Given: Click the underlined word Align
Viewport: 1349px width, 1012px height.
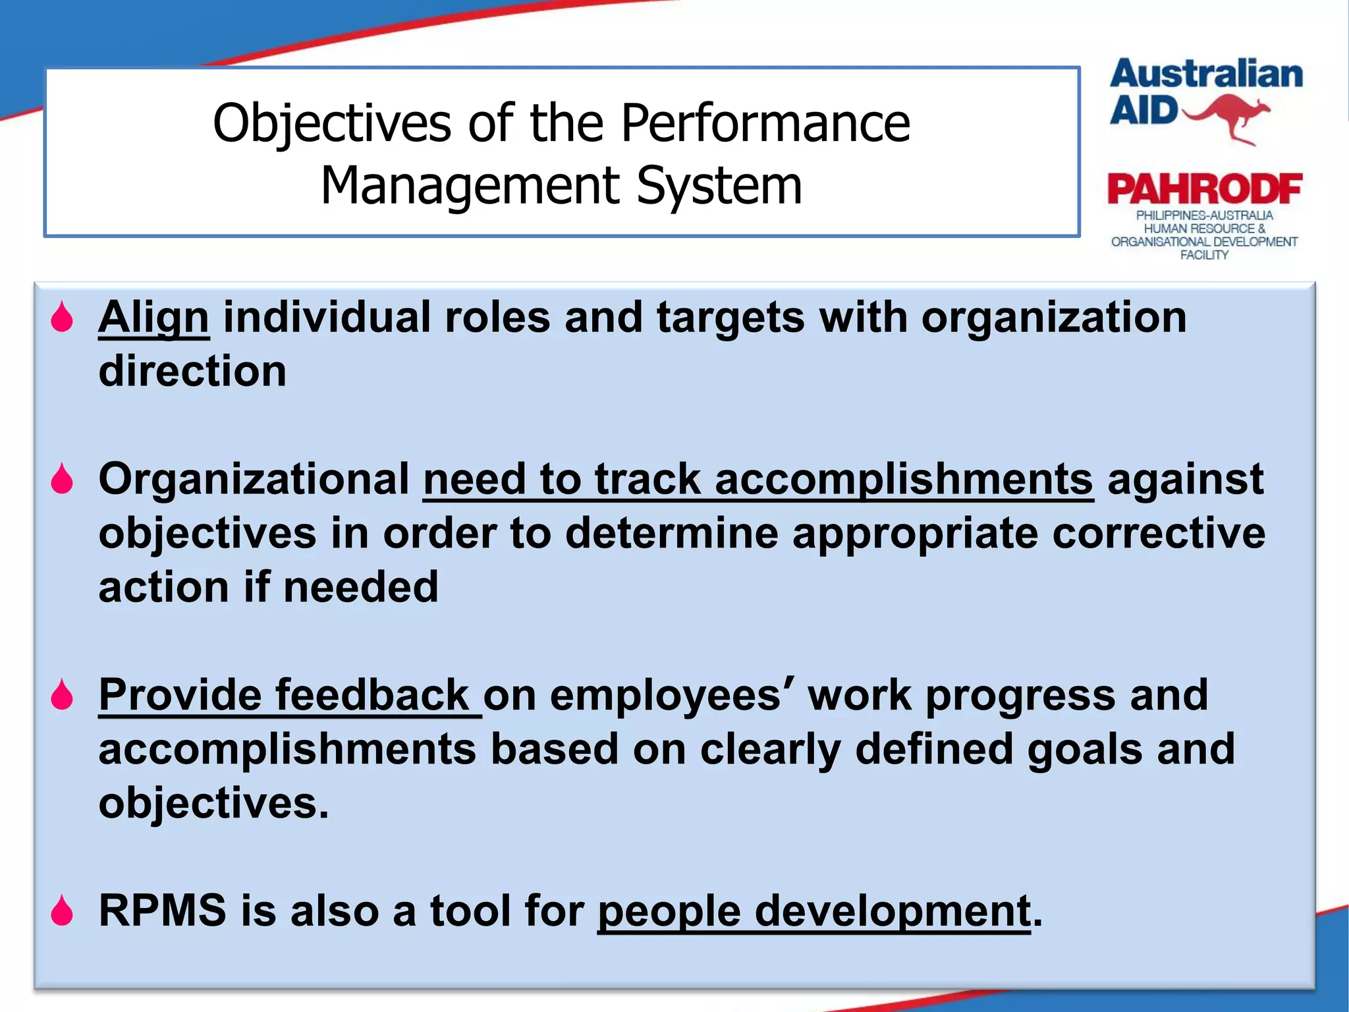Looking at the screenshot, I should pos(153,318).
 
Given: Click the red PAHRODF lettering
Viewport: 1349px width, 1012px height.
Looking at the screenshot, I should pos(1205,190).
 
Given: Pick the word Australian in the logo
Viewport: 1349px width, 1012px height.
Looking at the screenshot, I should pos(1206,74).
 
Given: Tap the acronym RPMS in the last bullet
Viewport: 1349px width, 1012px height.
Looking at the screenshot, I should pos(162,911).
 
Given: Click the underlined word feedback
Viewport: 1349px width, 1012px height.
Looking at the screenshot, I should pos(372,695).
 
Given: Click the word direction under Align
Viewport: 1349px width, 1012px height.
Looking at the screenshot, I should pos(192,372).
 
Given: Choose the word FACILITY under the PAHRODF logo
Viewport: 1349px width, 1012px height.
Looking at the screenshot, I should pos(1204,255).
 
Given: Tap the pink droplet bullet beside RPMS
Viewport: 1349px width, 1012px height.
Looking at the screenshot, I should pos(62,911).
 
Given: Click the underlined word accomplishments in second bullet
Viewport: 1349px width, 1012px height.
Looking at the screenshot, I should pos(904,479).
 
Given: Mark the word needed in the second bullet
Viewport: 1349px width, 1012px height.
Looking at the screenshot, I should pos(361,587).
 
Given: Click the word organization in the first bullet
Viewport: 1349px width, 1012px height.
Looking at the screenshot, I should pos(1053,318).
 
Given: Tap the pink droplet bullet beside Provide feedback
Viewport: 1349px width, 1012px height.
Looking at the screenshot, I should pos(62,695).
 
